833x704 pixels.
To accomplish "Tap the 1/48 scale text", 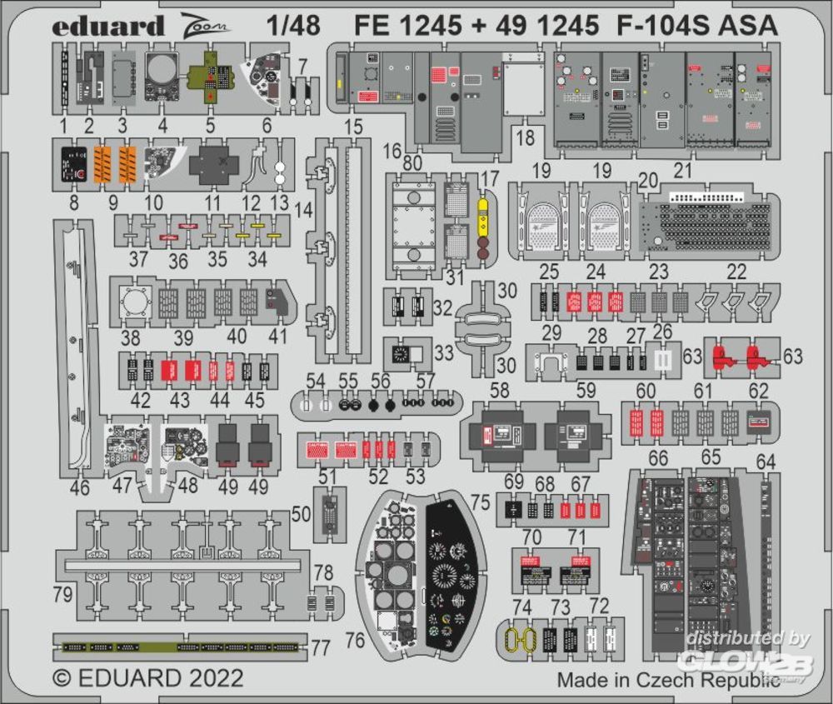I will point(294,26).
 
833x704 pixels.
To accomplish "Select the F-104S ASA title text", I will point(696,26).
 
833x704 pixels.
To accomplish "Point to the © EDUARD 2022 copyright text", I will point(148,677).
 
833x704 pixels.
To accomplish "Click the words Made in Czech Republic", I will point(669,679).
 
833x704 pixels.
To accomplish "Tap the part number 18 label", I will point(523,139).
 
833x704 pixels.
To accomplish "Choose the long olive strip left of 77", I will point(179,646).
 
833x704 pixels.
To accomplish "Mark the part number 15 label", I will point(353,127).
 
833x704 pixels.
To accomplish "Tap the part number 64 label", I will point(766,462).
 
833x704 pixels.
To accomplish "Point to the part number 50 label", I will point(301,513).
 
